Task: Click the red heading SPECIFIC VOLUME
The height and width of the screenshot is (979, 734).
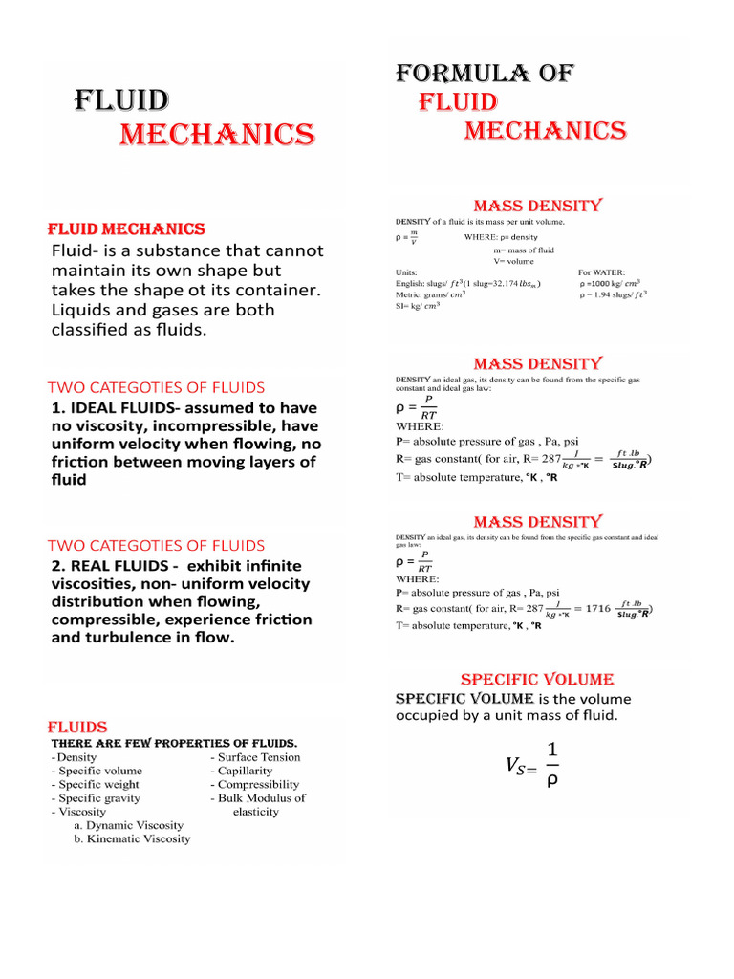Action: pos(536,679)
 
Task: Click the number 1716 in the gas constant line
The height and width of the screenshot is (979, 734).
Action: pos(597,608)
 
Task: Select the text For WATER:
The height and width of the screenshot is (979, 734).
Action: pos(602,272)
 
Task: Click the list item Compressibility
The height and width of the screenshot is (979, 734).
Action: pos(258,784)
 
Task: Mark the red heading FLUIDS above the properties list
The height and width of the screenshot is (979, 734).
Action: pos(78,727)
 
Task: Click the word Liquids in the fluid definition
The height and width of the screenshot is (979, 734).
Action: pos(83,310)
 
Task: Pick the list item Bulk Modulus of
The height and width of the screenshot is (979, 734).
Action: pos(261,797)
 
